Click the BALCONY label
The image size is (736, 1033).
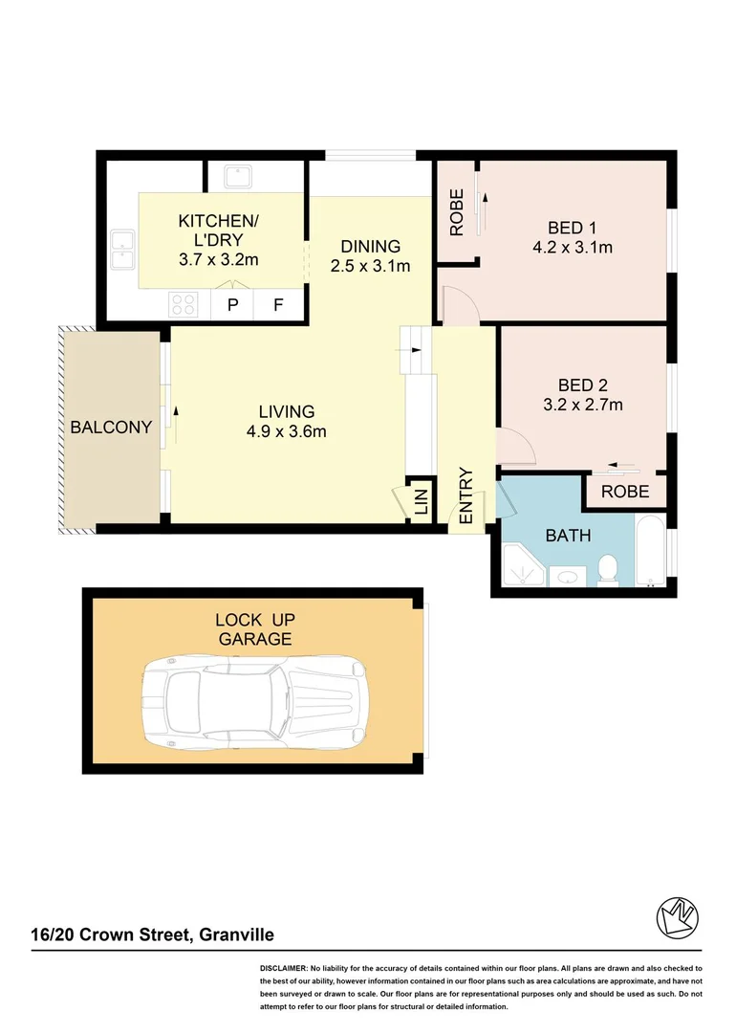click(x=111, y=428)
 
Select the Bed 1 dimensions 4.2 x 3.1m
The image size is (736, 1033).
click(x=573, y=247)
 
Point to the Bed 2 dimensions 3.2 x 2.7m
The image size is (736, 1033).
click(x=583, y=405)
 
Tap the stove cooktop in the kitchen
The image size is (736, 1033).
click(x=184, y=305)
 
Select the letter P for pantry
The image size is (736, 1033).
click(x=231, y=305)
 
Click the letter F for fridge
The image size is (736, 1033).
click(x=279, y=305)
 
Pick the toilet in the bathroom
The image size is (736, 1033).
click(x=606, y=570)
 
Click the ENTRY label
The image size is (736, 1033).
click(x=466, y=495)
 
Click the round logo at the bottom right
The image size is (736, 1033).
click(x=678, y=918)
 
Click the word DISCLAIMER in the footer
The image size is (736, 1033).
click(x=283, y=969)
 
